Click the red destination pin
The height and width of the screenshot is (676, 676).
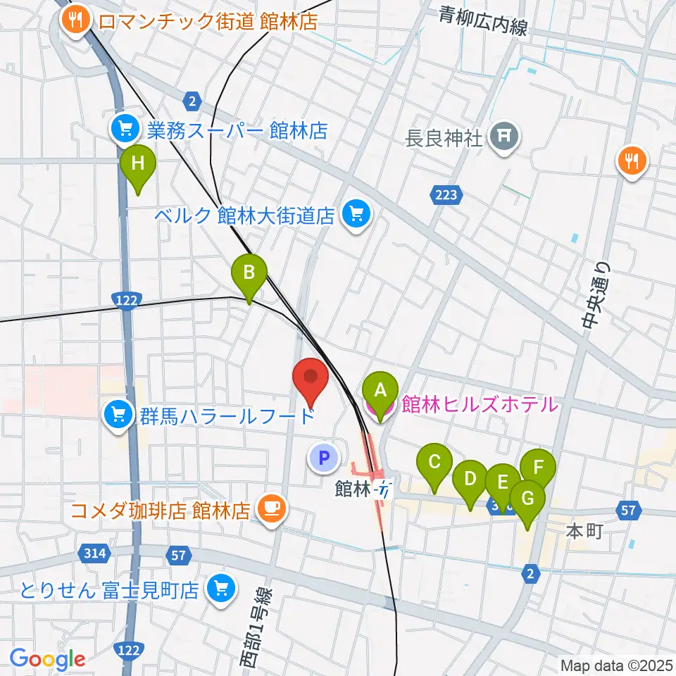click(x=311, y=382)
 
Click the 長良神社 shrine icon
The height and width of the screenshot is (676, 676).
click(x=504, y=135)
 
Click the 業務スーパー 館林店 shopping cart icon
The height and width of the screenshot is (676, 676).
click(x=125, y=129)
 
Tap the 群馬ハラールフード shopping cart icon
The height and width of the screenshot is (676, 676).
click(x=118, y=415)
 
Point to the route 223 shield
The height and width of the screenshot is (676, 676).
click(x=445, y=195)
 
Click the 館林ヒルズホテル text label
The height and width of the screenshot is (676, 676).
click(x=480, y=404)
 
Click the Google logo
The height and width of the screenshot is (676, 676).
click(x=47, y=659)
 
